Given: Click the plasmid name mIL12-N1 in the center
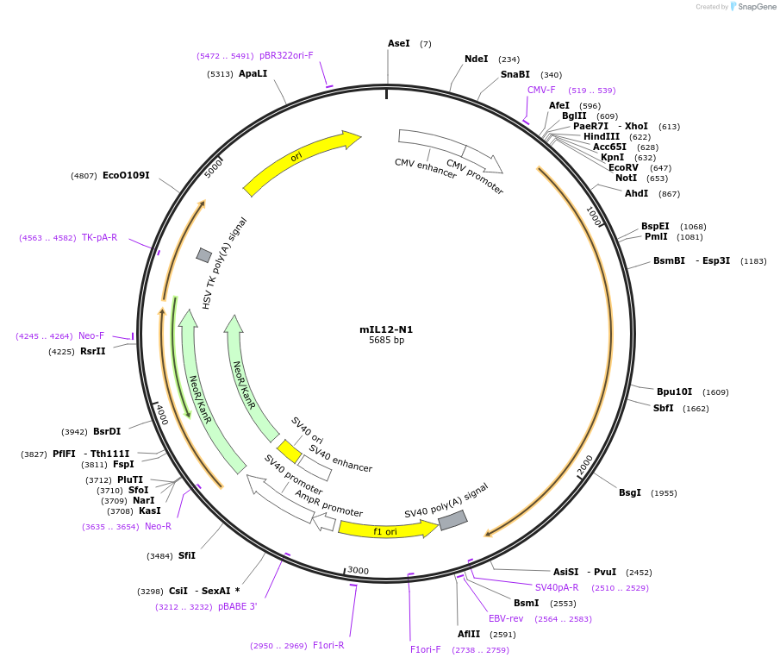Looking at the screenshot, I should pyautogui.click(x=386, y=329).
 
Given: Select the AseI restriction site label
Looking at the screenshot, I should pyautogui.click(x=399, y=43).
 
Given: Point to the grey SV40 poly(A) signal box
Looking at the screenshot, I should pyautogui.click(x=452, y=520).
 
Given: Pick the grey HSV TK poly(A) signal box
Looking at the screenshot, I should pyautogui.click(x=204, y=254).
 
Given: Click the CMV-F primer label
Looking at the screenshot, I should pyautogui.click(x=541, y=90).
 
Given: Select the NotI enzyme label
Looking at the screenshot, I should pyautogui.click(x=626, y=179).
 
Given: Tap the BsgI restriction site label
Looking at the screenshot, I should pyautogui.click(x=630, y=493).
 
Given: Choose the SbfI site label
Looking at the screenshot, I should pyautogui.click(x=664, y=408).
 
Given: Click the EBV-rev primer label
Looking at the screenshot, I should pyautogui.click(x=506, y=618).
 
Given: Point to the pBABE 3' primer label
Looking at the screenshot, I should pyautogui.click(x=237, y=606).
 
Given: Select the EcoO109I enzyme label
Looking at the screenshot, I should pyautogui.click(x=126, y=176).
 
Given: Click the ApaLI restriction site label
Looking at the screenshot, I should pyautogui.click(x=253, y=74).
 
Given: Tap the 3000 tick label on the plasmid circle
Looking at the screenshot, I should pyautogui.click(x=359, y=570).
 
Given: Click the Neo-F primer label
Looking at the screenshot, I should pyautogui.click(x=91, y=335).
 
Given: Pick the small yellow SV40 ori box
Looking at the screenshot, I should pyautogui.click(x=290, y=451).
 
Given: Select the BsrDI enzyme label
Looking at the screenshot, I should pyautogui.click(x=107, y=431).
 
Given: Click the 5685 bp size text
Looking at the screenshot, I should pyautogui.click(x=386, y=341).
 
